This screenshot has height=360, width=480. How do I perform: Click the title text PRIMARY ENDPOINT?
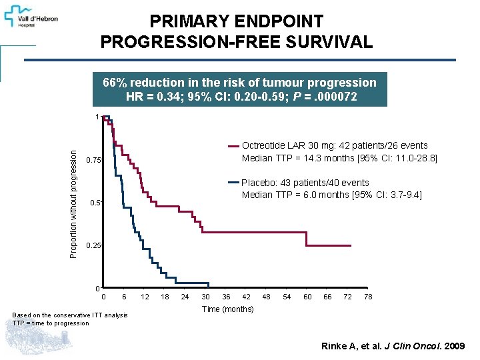point(236,22)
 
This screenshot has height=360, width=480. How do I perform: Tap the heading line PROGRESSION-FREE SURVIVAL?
point(236,43)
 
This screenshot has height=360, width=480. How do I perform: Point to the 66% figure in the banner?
point(114,83)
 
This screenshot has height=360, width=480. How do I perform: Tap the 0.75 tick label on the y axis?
point(93,160)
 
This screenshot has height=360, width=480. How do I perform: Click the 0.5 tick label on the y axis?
point(95,203)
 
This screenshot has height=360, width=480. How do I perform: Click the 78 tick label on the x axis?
point(368,297)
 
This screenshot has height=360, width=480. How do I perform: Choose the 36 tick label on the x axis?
point(226,297)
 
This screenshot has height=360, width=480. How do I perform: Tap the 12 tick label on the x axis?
point(145,297)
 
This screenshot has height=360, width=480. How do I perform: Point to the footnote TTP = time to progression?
point(51,323)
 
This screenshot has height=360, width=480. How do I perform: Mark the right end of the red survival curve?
point(351,246)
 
